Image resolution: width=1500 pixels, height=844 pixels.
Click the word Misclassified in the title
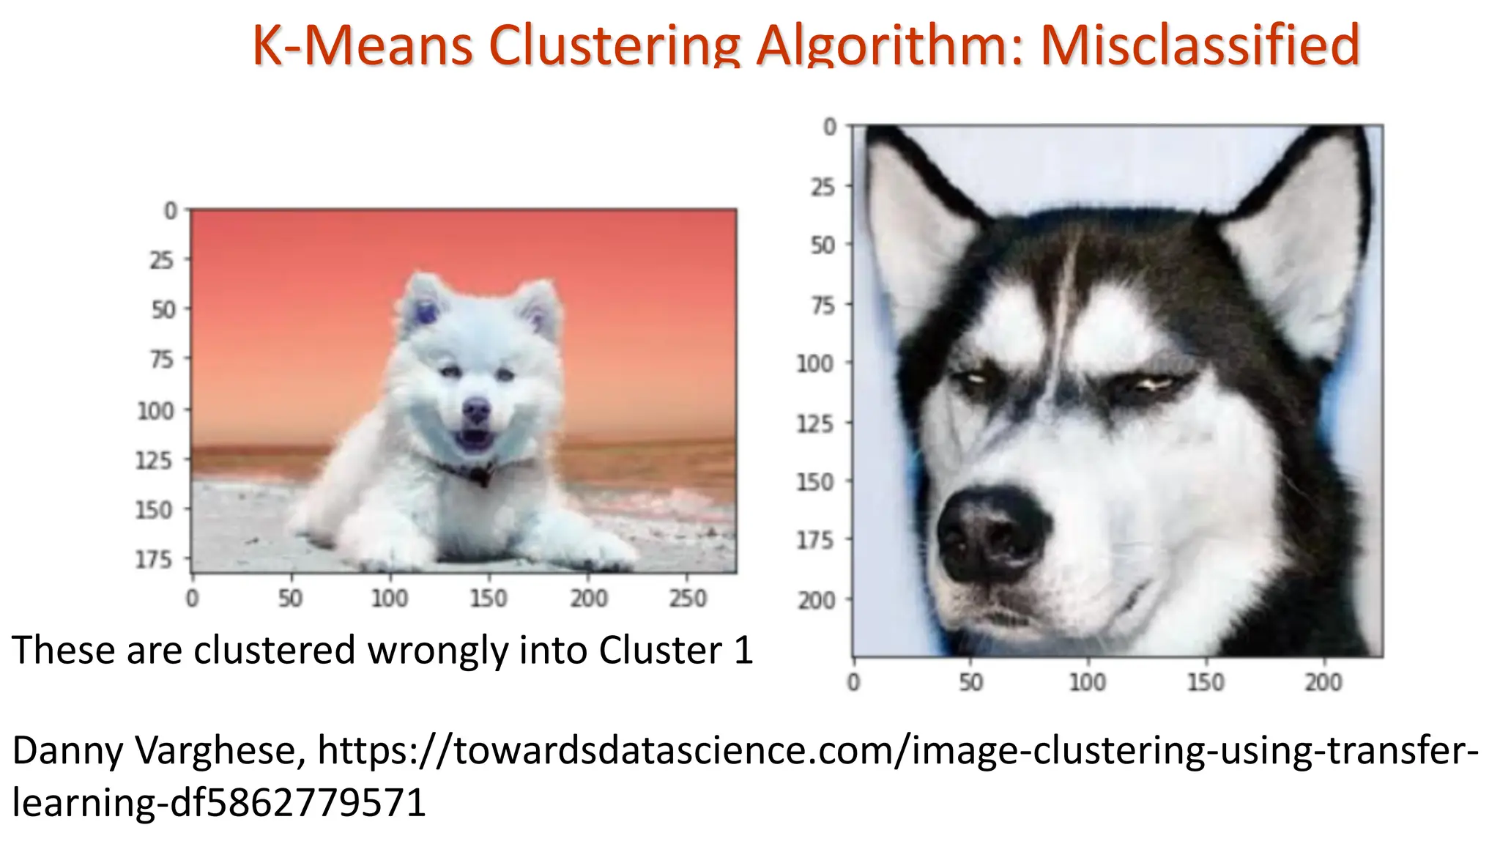click(x=1200, y=45)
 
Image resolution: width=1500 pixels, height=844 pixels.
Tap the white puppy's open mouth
click(x=473, y=440)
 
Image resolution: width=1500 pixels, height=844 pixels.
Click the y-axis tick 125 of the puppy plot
click(x=155, y=461)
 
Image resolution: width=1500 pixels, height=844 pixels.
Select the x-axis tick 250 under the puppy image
click(x=688, y=599)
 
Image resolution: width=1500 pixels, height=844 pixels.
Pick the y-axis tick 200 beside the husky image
click(x=816, y=601)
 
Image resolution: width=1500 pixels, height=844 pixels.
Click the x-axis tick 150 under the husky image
click(x=1206, y=683)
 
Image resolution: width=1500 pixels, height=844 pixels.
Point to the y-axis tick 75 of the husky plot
click(x=823, y=305)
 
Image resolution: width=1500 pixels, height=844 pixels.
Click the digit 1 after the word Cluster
click(x=743, y=651)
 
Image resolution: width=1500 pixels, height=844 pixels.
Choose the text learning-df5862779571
click(x=219, y=802)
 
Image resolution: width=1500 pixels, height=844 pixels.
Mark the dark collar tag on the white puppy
click(x=481, y=477)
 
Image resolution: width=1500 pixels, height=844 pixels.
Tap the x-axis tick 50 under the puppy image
click(x=290, y=599)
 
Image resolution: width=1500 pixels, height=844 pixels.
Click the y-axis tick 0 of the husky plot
click(x=830, y=127)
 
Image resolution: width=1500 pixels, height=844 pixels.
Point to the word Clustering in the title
click(x=615, y=45)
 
